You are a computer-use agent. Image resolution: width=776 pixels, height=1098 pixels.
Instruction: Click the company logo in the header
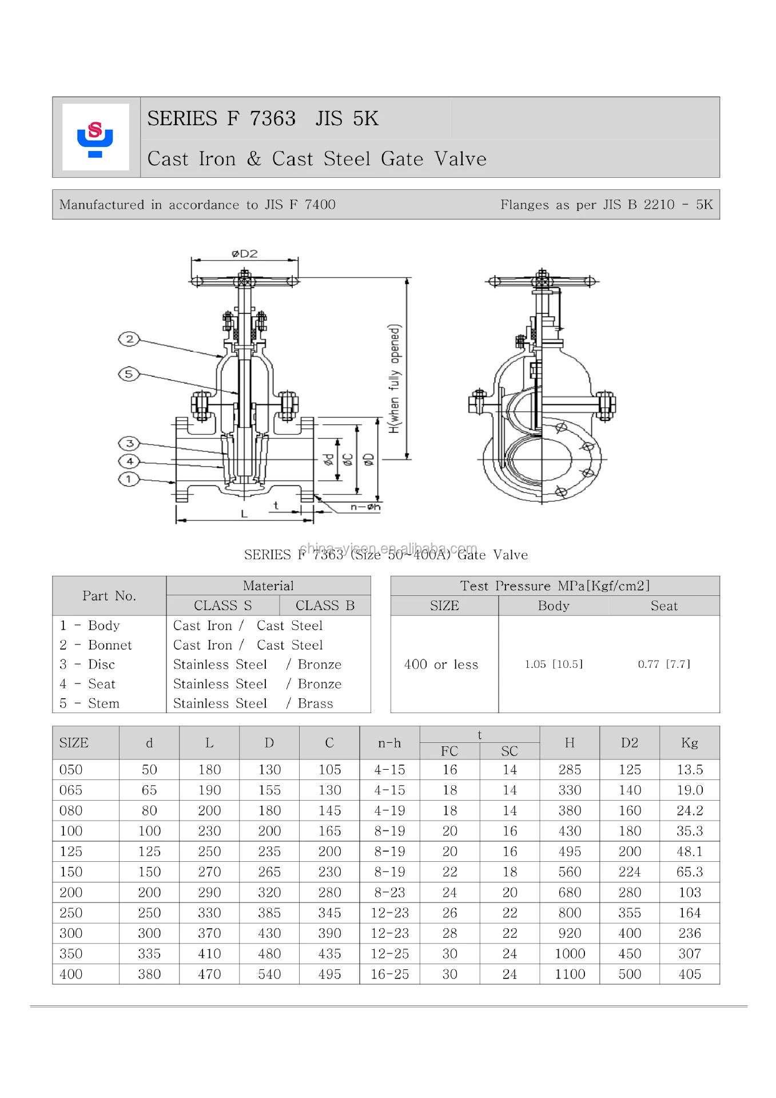pos(95,138)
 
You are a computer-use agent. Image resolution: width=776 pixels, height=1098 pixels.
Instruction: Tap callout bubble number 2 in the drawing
pos(129,339)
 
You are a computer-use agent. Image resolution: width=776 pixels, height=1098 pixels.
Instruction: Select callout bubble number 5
pos(129,375)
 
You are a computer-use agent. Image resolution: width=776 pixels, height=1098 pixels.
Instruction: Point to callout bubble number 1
pos(129,479)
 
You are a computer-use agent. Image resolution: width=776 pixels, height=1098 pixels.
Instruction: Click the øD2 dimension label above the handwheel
pos(245,253)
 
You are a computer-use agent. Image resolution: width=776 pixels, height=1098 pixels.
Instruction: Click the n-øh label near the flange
pos(365,507)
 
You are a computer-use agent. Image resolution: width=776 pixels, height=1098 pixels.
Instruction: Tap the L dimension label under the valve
pos(244,514)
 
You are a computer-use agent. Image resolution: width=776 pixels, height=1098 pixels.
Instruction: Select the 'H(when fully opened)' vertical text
pos(395,379)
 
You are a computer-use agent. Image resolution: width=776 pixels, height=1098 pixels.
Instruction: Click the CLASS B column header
pos(325,606)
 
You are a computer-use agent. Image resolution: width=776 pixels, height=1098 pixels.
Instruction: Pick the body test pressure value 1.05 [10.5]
pos(554,664)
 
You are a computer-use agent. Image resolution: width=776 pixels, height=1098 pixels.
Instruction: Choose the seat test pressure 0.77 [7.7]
pos(664,664)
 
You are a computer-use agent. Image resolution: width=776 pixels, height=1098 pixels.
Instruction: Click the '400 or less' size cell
pos(441,665)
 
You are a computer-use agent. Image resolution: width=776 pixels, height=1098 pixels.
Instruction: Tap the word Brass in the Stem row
pos(315,703)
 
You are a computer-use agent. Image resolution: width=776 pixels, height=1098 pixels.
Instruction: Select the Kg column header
pos(689,743)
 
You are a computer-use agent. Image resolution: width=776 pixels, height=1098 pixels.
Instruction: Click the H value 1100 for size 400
pos(570,974)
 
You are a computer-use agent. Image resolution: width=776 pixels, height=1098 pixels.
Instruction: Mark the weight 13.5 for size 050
pos(689,770)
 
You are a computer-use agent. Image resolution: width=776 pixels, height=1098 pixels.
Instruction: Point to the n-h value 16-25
pos(389,974)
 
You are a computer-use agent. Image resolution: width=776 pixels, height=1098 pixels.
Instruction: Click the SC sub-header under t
pos(509,751)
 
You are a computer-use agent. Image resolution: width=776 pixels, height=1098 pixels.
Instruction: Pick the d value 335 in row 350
pos(149,954)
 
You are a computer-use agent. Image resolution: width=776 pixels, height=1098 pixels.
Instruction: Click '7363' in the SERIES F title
pos(273,118)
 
